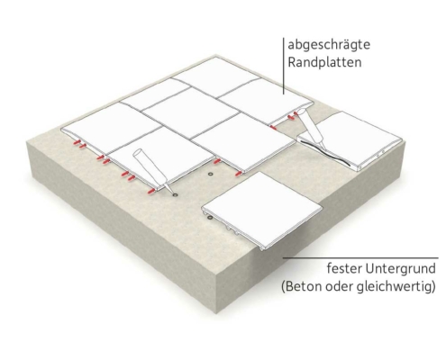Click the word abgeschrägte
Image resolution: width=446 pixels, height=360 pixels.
coord(329,45)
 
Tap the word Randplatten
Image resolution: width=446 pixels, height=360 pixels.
coord(324,62)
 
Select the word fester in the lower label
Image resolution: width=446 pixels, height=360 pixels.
coord(344,268)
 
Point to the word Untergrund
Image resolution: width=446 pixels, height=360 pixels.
coord(400,268)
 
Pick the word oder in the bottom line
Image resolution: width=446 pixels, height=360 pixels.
coord(339,286)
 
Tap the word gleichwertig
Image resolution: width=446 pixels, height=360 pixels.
coord(393,287)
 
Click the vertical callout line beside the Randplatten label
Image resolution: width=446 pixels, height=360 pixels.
coord(284,66)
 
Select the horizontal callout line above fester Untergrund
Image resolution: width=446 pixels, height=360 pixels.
coord(360,257)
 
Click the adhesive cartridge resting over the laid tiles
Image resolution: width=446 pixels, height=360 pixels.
coord(151,169)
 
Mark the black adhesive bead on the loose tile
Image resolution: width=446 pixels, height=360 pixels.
coord(325,152)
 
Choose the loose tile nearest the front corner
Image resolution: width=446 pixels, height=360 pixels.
coord(262,210)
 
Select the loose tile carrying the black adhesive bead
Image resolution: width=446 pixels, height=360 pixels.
coord(350,140)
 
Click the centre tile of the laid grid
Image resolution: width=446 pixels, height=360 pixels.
coord(190,113)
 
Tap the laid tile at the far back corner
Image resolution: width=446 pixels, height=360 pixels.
coord(216,76)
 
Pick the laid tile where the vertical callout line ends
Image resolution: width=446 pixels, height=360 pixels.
coord(265,102)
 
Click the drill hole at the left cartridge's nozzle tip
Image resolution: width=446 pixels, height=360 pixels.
coord(175,194)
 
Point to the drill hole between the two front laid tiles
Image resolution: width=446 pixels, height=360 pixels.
coord(210,174)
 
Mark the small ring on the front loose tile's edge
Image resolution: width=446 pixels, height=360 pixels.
coord(210,218)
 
